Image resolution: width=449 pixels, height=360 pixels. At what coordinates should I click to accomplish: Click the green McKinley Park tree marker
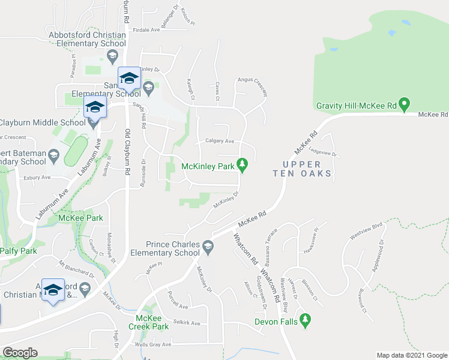243,164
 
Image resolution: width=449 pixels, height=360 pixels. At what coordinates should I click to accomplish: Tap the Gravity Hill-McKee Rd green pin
405,106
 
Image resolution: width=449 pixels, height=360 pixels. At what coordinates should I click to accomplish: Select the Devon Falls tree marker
306,320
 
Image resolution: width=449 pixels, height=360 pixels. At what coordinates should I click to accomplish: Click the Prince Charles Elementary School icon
208,246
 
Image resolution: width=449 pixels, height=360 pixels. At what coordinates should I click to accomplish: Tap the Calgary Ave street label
220,141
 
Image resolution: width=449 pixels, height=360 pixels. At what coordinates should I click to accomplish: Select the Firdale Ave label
147,29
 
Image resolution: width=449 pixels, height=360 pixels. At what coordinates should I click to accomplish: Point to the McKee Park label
81,218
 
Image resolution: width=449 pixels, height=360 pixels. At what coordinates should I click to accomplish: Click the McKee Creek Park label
148,322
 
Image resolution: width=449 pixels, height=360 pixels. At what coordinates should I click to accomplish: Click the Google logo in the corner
20,353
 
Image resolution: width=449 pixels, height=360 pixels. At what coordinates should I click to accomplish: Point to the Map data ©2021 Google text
411,355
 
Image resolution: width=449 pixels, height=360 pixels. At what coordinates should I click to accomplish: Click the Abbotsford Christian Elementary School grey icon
112,56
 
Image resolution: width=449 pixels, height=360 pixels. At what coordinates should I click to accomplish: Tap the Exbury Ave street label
37,178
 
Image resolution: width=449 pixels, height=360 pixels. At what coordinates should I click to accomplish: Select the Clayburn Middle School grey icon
94,123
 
